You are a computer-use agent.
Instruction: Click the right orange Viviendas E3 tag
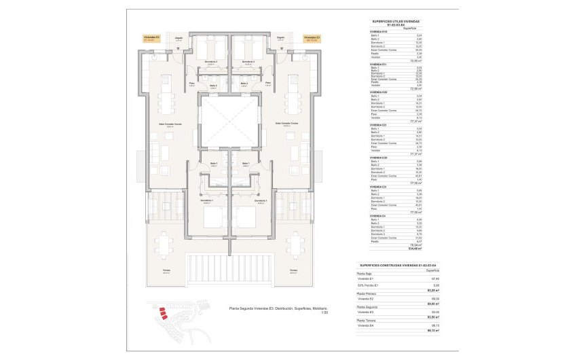tap(312, 39)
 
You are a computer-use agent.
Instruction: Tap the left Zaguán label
tap(179, 39)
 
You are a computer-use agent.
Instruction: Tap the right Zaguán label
tap(280, 39)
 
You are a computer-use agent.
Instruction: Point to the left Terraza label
tap(166, 271)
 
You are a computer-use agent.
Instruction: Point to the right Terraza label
tap(293, 271)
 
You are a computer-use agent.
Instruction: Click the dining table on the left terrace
tap(166, 245)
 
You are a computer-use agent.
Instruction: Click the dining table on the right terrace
tap(295, 245)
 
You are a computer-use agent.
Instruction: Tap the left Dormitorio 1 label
tap(206, 202)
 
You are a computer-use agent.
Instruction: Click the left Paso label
tap(191, 83)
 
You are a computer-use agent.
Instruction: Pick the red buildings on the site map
tap(163, 313)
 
